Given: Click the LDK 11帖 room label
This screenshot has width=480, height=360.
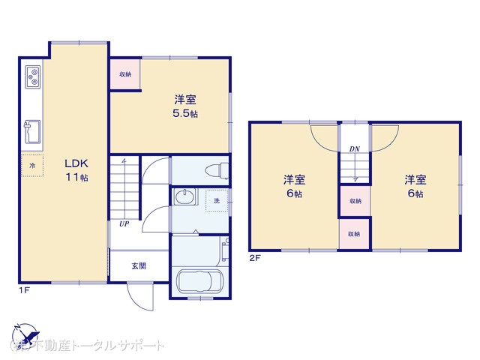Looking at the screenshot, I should point(75,169).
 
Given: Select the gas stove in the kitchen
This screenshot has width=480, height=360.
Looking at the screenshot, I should point(33,76).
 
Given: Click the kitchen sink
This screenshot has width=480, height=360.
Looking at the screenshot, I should point(32,133).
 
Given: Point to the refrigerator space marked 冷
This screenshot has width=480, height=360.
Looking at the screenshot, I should point(32,164).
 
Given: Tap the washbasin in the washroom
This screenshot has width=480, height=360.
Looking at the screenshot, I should point(184,198).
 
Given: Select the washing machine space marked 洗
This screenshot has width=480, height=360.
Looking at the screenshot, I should point(216,201).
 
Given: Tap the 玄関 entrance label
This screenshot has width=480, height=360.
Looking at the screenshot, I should point(139,265).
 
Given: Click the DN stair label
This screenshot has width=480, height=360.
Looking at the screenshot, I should point(354,148).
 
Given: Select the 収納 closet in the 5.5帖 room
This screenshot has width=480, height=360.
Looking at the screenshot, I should point(125,73).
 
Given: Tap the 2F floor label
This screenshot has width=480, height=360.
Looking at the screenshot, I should point(255,258).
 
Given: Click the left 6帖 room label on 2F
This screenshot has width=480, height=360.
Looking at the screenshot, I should point(293,186).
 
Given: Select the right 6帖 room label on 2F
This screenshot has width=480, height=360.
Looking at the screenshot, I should point(415,186).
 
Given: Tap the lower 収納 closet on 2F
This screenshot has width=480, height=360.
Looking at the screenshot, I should point(354,234).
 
